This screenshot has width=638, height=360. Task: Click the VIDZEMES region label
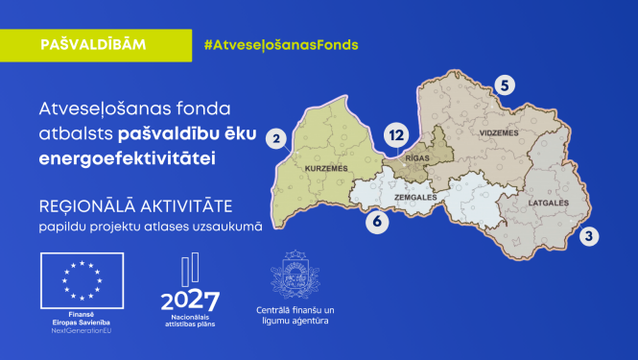pyautogui.click(x=499, y=132)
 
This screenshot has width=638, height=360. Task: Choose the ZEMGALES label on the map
pyautogui.click(x=415, y=197)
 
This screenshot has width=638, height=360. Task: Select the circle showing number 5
pyautogui.click(x=506, y=84)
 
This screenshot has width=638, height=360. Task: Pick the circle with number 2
pyautogui.click(x=277, y=140)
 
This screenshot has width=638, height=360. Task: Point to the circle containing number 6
pyautogui.click(x=377, y=222)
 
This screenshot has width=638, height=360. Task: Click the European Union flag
pyautogui.click(x=81, y=278)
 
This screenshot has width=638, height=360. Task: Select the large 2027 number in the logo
pyautogui.click(x=190, y=301)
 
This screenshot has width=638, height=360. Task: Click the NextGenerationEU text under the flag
pyautogui.click(x=81, y=330)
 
